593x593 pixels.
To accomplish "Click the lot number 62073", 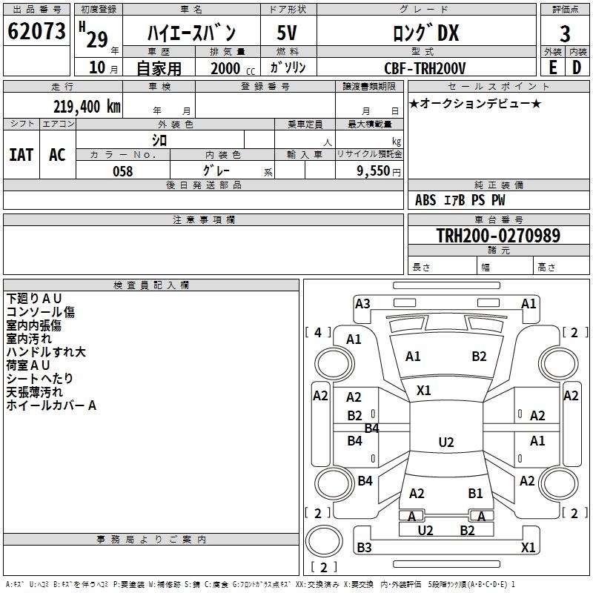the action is (x=36, y=32).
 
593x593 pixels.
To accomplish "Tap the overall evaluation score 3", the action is (x=565, y=33).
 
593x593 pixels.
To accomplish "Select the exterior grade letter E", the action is (x=552, y=67).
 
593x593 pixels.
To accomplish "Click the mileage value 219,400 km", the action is (x=86, y=106).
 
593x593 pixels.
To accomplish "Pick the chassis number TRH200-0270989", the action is (x=497, y=236).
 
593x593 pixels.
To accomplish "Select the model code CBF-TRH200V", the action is (x=425, y=68).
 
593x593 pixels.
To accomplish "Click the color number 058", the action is (x=122, y=170).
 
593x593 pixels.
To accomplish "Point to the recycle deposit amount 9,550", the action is (x=373, y=170).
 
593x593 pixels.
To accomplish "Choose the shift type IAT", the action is (x=21, y=155).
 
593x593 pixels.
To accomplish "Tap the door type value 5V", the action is (x=287, y=33).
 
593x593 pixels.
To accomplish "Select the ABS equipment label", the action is (x=425, y=200).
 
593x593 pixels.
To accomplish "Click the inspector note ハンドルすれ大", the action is (x=46, y=352).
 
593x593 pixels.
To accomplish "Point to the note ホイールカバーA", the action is (x=51, y=405).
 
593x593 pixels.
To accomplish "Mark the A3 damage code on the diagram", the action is (x=362, y=303).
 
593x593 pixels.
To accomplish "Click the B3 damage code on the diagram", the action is (x=364, y=548).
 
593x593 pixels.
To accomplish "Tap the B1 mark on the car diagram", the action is (x=475, y=493).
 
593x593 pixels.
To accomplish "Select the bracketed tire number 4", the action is (x=318, y=333).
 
